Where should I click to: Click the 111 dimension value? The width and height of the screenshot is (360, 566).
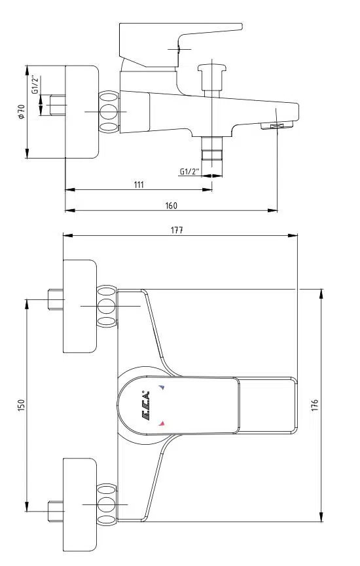click(138, 185)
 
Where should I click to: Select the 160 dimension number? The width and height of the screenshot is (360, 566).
click(171, 206)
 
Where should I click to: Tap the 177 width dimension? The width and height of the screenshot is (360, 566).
click(177, 229)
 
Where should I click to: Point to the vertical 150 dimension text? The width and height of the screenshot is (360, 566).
click(20, 407)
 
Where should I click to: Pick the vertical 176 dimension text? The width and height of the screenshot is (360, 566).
click(315, 406)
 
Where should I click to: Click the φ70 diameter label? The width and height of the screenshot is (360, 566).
click(21, 111)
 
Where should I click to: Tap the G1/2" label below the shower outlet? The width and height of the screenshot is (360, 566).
click(189, 172)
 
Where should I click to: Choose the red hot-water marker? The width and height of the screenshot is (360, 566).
click(162, 424)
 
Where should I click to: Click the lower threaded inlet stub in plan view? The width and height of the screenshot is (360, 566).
click(56, 508)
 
